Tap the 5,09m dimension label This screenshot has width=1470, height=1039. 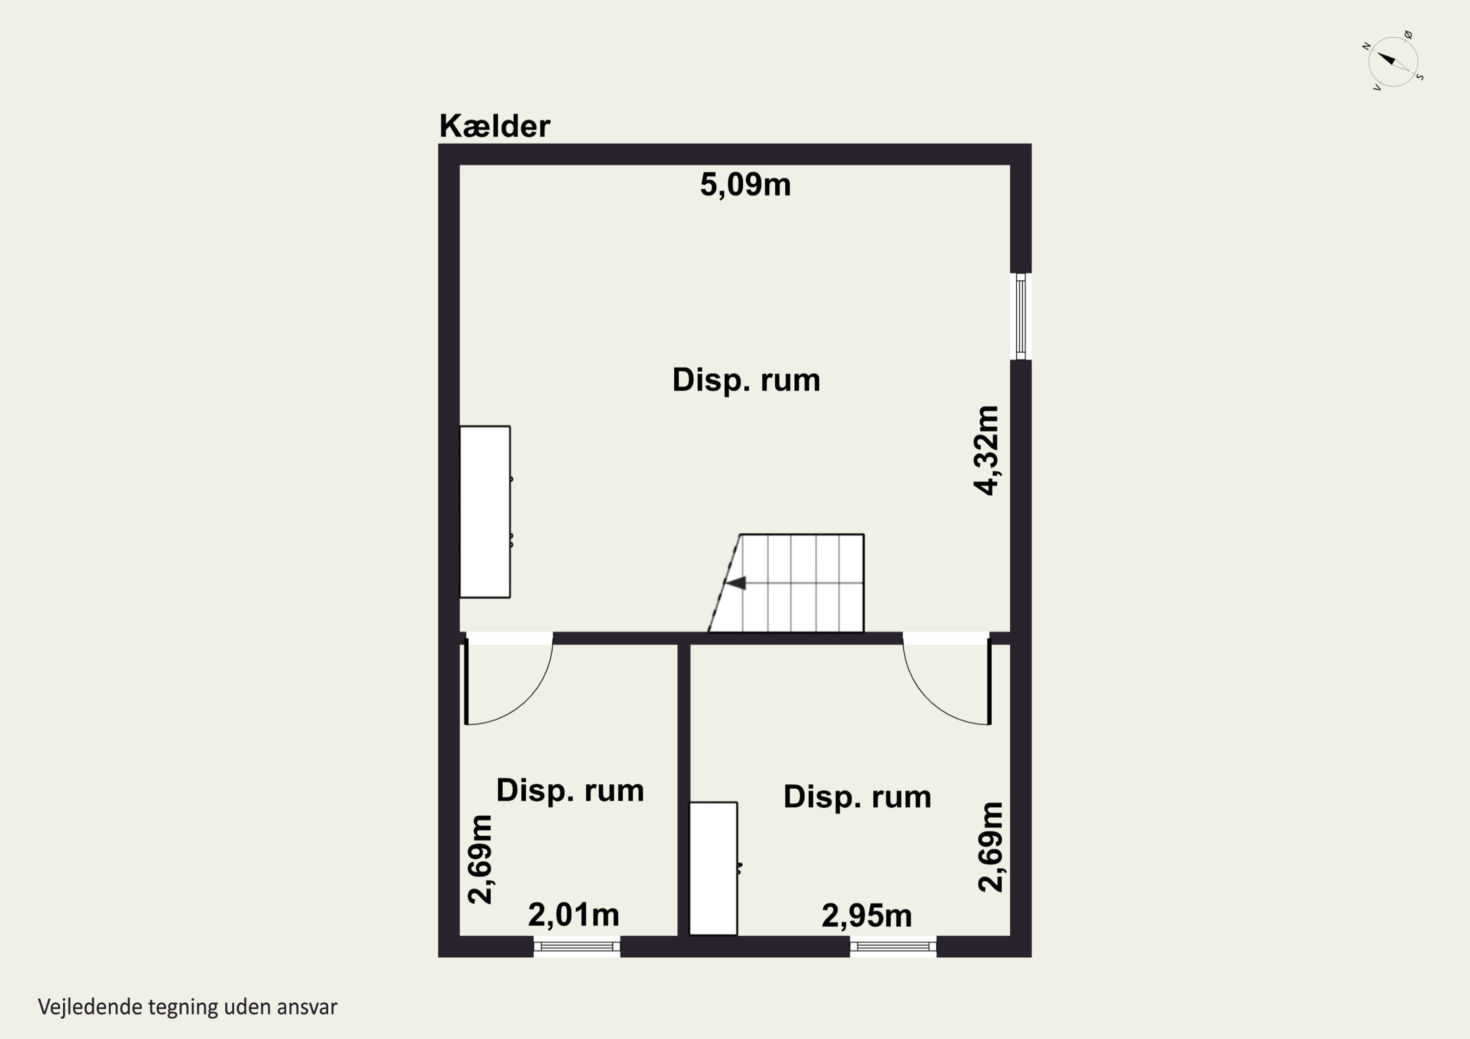click(x=745, y=185)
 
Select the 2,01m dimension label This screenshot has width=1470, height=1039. click(x=574, y=916)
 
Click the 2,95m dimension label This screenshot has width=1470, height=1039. click(x=867, y=916)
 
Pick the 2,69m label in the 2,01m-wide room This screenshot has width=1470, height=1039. click(x=480, y=859)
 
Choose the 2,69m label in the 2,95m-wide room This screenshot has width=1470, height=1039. click(x=991, y=846)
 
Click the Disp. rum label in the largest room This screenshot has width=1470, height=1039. click(x=746, y=380)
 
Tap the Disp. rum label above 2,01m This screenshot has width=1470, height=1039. click(x=570, y=791)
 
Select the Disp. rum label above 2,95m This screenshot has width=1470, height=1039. click(x=857, y=797)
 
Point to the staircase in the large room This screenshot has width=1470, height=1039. click(x=786, y=583)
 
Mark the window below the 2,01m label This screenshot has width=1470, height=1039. click(x=577, y=947)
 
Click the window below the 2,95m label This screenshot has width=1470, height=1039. click(x=893, y=947)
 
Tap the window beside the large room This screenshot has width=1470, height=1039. click(x=1021, y=316)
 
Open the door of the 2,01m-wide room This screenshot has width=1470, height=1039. click(x=509, y=678)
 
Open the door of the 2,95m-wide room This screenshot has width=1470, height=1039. click(x=947, y=678)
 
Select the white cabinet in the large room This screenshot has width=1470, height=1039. click(x=485, y=512)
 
